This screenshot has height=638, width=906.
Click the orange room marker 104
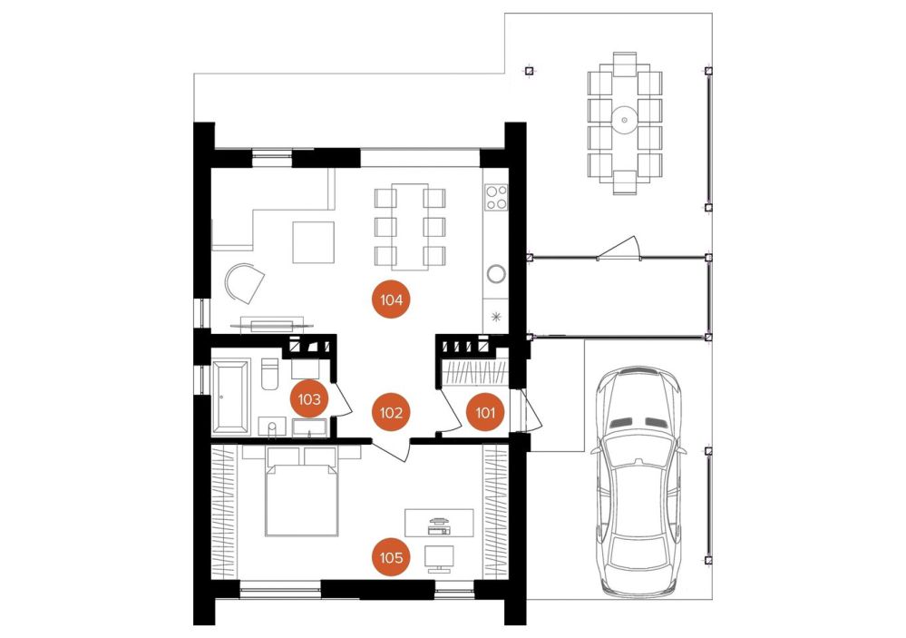pos(391,299)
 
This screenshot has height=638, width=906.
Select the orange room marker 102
pos(391,412)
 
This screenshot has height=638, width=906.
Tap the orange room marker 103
pos(309,398)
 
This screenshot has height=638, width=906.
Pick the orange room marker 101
pos(485,412)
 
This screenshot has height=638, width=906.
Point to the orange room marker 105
pos(391,557)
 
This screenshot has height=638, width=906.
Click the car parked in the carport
pos(638,481)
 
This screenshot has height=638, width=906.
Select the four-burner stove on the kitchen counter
pos(496,197)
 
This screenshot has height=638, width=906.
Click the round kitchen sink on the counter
pos(496,273)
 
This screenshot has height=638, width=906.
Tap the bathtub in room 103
pos(231,397)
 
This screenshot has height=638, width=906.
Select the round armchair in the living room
pos(244,283)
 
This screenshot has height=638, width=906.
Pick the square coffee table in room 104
pos(313,241)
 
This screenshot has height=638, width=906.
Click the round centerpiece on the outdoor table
pos(624,121)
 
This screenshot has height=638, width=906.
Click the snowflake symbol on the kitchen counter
pos(496,317)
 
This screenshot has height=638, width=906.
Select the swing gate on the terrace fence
pos(619,249)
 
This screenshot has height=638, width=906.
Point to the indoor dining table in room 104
pos(410,226)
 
